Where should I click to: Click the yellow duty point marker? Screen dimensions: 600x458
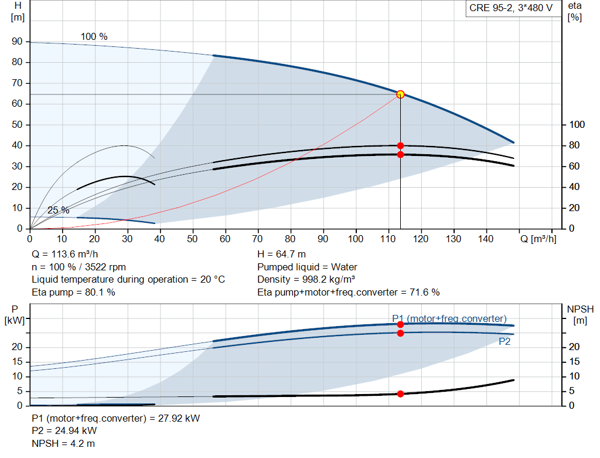pyautogui.click(x=400, y=94)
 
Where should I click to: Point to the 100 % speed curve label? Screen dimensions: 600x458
pyautogui.click(x=94, y=36)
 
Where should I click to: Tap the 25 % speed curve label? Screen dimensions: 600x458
pyautogui.click(x=59, y=211)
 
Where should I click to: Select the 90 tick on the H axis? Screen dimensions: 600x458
pyautogui.click(x=17, y=42)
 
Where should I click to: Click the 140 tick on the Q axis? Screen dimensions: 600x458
pyautogui.click(x=486, y=239)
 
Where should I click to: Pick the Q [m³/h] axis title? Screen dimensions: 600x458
pyautogui.click(x=538, y=239)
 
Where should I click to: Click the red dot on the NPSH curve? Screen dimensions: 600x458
pyautogui.click(x=400, y=393)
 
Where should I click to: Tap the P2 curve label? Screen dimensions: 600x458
pyautogui.click(x=504, y=341)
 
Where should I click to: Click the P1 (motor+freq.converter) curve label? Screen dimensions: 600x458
pyautogui.click(x=449, y=318)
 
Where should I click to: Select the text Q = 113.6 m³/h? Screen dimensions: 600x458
pyautogui.click(x=65, y=255)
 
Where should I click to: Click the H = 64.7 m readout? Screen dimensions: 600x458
pyautogui.click(x=282, y=255)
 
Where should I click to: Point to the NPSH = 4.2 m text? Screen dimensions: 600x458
pyautogui.click(x=63, y=443)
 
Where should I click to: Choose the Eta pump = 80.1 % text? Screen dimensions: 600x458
pyautogui.click(x=73, y=292)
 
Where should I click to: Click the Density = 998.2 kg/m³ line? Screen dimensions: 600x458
pyautogui.click(x=306, y=280)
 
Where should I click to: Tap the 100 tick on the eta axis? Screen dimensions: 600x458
pyautogui.click(x=577, y=124)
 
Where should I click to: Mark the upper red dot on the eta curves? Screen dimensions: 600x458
pyautogui.click(x=400, y=145)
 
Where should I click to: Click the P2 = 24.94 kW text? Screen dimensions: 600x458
pyautogui.click(x=64, y=431)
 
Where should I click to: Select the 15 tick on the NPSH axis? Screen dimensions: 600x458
pyautogui.click(x=574, y=361)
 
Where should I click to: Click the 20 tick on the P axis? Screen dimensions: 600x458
pyautogui.click(x=17, y=347)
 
